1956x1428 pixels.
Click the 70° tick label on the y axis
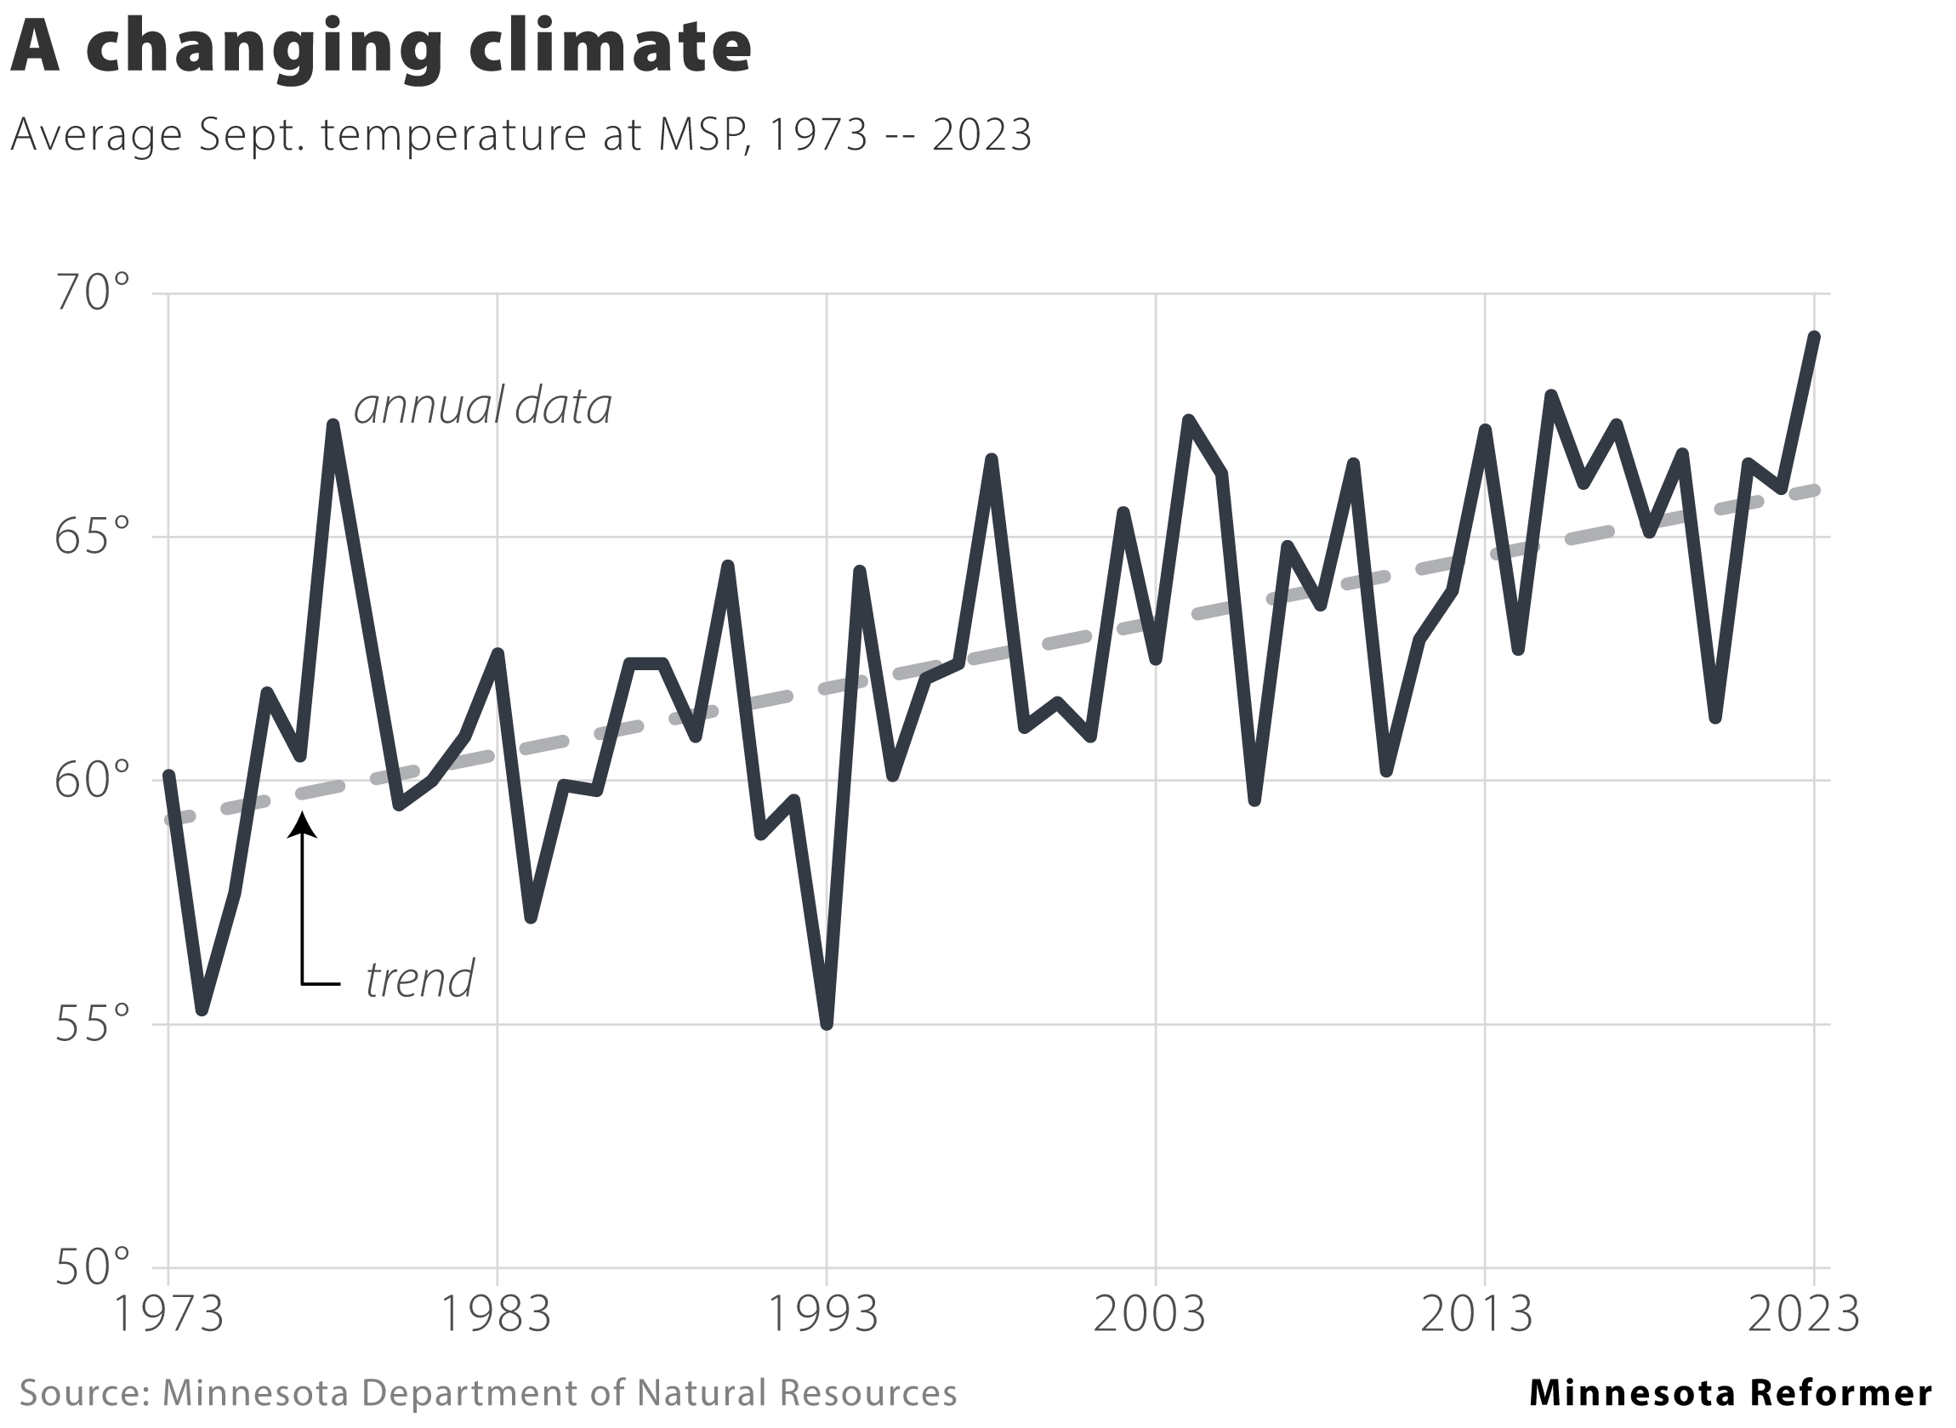(92, 294)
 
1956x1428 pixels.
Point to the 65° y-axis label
(92, 538)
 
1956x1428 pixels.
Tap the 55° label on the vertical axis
(92, 1025)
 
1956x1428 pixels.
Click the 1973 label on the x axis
(168, 1315)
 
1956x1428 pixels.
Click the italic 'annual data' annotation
(483, 406)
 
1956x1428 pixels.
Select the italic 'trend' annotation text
(419, 980)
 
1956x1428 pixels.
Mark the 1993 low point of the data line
(827, 1025)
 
